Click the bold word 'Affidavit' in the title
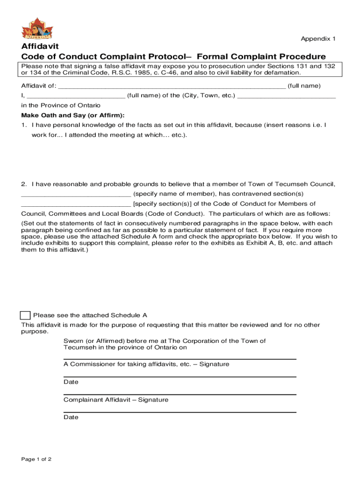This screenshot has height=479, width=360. tap(39, 47)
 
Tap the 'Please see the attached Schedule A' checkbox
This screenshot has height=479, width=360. tap(26, 316)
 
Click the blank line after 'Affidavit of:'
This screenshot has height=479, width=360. tap(171, 87)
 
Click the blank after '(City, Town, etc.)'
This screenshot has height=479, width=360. tap(287, 96)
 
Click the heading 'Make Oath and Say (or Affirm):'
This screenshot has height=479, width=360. tap(73, 116)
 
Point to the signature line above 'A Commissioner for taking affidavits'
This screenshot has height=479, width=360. tap(180, 359)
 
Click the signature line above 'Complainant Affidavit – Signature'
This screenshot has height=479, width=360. tap(180, 394)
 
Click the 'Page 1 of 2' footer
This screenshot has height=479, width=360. tap(36, 459)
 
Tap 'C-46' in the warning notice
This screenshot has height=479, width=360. tap(188, 73)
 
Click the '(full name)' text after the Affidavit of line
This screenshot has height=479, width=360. tap(304, 86)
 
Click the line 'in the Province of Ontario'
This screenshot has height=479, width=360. tap(61, 106)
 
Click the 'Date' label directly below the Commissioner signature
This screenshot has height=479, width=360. tap(71, 382)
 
